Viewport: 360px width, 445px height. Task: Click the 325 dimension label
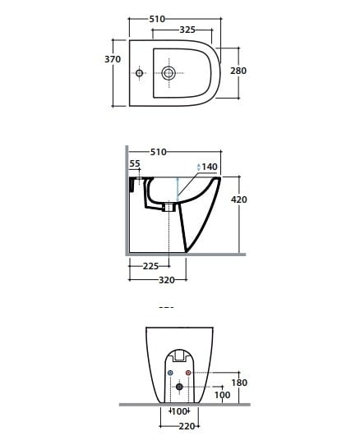(187, 30)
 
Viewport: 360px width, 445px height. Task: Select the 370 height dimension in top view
(113, 59)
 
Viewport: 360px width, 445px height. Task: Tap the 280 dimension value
(238, 71)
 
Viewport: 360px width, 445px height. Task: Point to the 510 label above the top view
(157, 19)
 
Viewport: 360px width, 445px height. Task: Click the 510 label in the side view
(159, 152)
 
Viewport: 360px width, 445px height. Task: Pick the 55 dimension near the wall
(135, 163)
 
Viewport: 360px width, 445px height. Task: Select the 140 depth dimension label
(210, 167)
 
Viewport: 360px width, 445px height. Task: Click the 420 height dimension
(239, 200)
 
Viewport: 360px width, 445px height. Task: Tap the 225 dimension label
(150, 266)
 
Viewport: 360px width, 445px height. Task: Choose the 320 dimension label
(167, 280)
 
